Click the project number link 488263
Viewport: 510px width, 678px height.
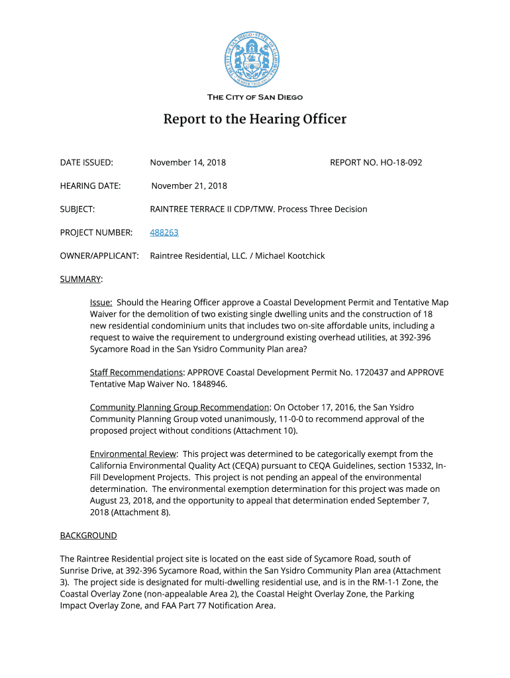point(164,232)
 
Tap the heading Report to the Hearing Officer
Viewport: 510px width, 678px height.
point(255,119)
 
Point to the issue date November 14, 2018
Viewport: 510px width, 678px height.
point(188,162)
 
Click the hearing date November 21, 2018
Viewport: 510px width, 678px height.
point(189,186)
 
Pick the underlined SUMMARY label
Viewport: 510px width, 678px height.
point(81,279)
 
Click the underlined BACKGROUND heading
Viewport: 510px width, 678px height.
point(88,535)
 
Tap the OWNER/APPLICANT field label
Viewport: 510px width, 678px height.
point(99,256)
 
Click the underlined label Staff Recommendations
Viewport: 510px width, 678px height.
point(136,372)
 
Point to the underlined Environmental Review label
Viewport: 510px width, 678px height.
point(133,454)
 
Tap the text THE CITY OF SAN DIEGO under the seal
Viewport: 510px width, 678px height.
point(255,97)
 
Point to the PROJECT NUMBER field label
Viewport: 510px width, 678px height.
point(96,232)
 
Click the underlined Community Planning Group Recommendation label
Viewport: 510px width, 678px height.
point(179,407)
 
